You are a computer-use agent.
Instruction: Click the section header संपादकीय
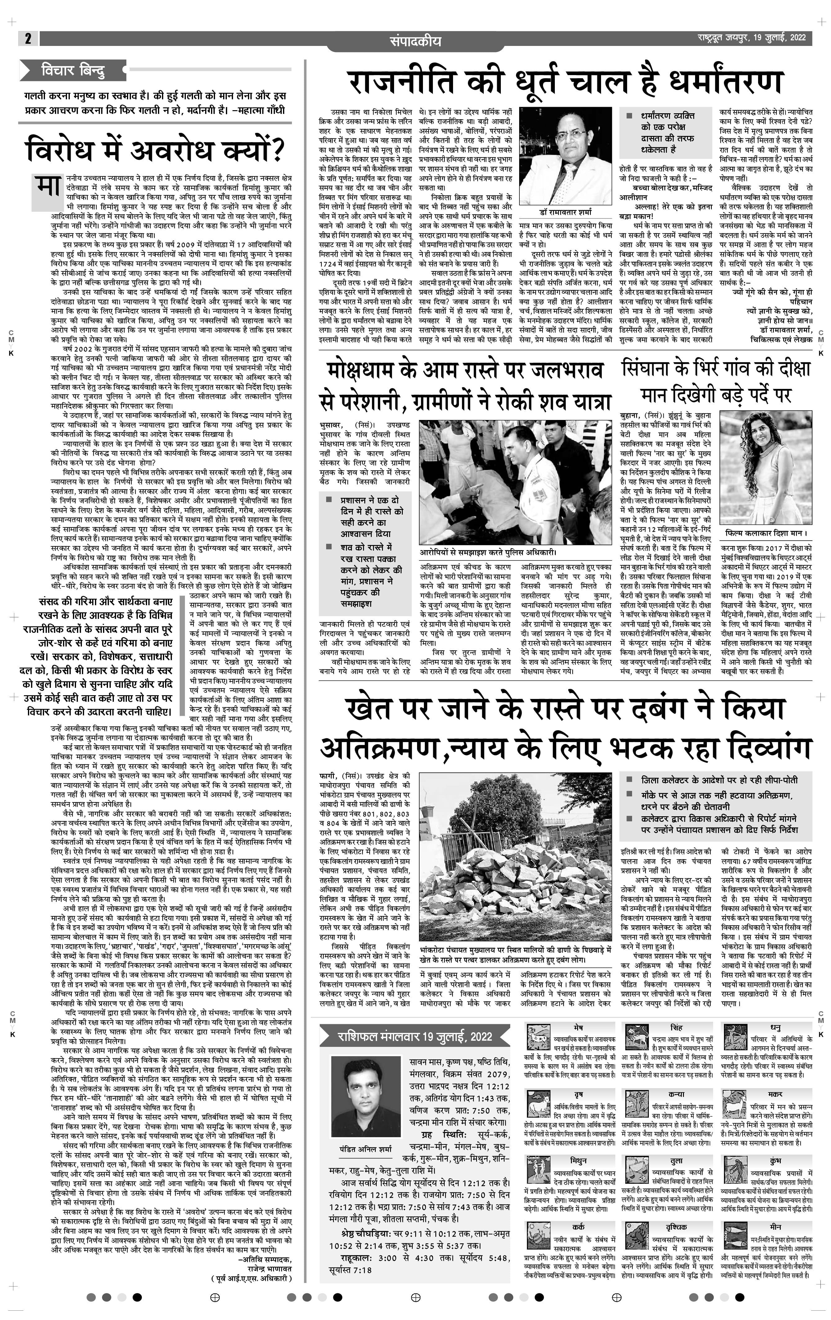[415, 41]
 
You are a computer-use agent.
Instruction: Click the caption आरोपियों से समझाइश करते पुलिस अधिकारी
[488, 552]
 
